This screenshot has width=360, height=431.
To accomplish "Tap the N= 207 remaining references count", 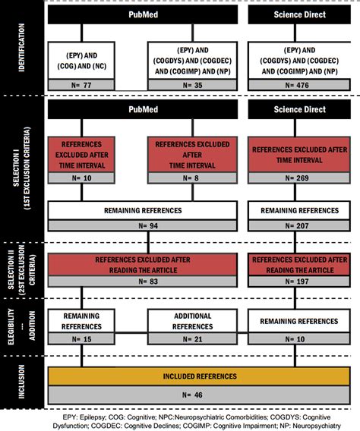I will pos(302,225).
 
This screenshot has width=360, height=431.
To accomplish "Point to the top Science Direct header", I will pos(302,14).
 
